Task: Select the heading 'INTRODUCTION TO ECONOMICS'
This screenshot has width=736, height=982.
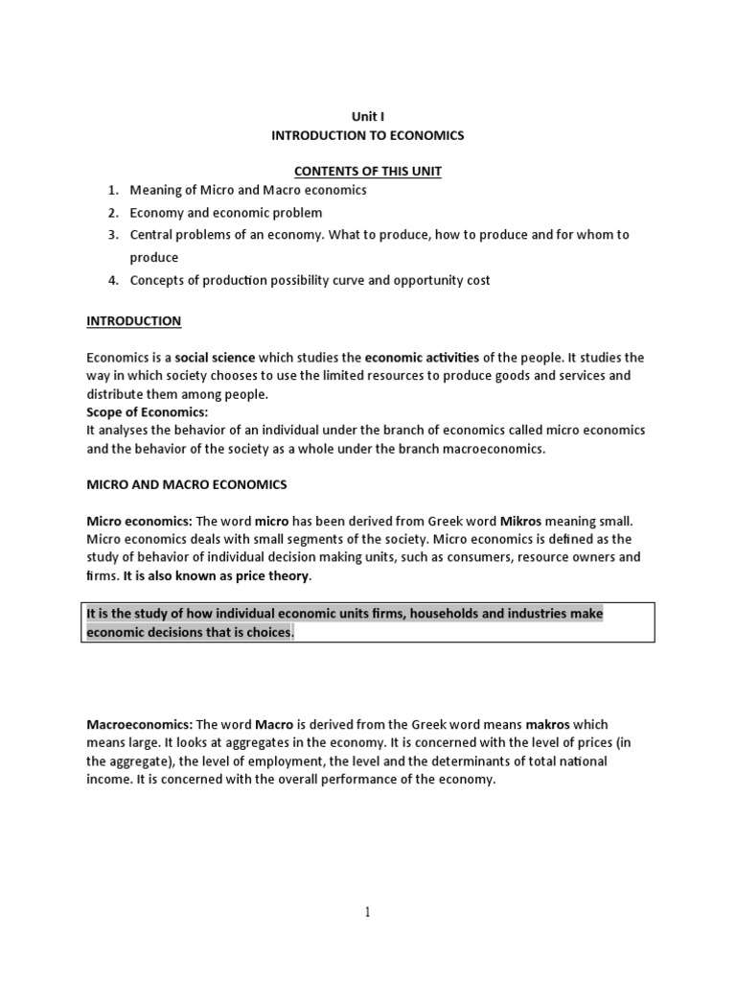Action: [368, 135]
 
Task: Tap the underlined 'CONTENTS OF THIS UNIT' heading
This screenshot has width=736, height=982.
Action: [368, 171]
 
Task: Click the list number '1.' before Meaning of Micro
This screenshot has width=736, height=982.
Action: [112, 190]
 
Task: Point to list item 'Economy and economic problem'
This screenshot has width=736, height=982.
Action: [226, 212]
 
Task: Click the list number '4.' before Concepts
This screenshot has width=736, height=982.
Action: [112, 280]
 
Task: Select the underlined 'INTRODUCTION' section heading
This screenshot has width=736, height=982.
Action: [133, 320]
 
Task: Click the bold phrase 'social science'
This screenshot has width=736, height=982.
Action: [217, 358]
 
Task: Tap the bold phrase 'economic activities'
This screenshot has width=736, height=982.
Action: [422, 358]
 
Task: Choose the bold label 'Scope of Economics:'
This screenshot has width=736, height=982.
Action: [147, 412]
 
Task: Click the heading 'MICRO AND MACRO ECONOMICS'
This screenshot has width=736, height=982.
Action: [187, 484]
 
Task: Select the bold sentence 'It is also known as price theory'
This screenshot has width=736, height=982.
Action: [217, 575]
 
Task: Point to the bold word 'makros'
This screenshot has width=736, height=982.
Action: [548, 724]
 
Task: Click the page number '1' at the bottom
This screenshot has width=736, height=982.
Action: [368, 912]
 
